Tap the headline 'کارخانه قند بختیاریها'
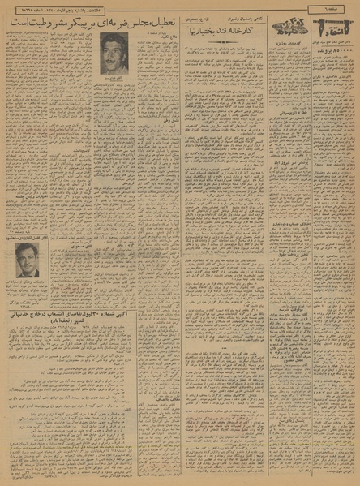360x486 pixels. point(214,37)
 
